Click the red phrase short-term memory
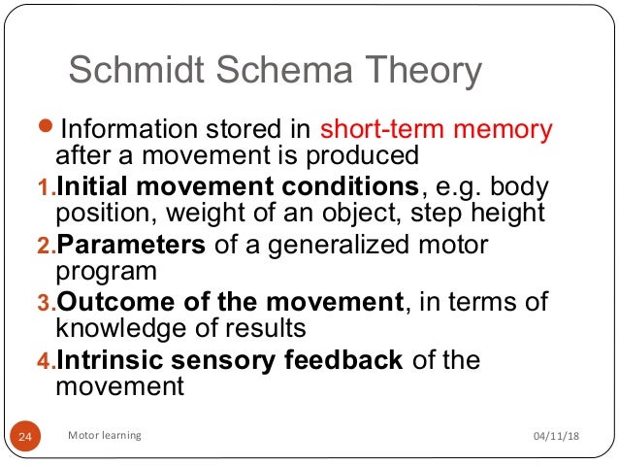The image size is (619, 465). pyautogui.click(x=436, y=129)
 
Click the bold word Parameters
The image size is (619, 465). pyautogui.click(x=130, y=245)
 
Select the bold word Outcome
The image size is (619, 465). pyautogui.click(x=106, y=303)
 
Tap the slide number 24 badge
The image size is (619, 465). pyautogui.click(x=25, y=437)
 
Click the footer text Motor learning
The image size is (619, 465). pyautogui.click(x=105, y=436)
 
